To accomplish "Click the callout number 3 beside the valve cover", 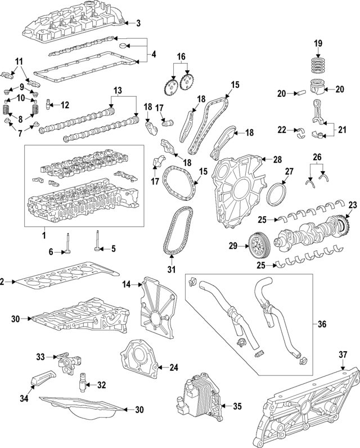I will (139, 23).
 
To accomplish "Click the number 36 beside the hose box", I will (322, 324).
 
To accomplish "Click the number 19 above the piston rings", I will (318, 43).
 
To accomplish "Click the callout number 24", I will (174, 368).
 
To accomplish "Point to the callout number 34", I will (23, 398).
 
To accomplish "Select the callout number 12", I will (65, 104).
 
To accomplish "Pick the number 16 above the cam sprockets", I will (181, 57).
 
